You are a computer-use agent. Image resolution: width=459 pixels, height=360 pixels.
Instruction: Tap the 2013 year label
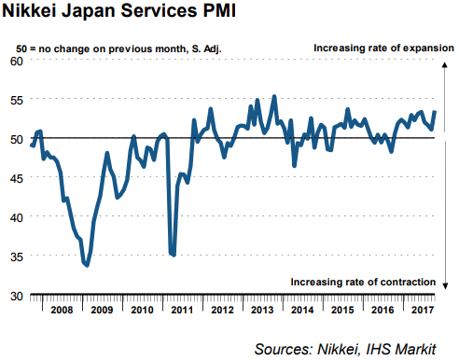click(x=261, y=310)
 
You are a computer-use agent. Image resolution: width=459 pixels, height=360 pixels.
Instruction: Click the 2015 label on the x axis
click(x=343, y=310)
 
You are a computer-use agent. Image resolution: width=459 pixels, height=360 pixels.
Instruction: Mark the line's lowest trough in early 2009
click(x=87, y=266)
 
